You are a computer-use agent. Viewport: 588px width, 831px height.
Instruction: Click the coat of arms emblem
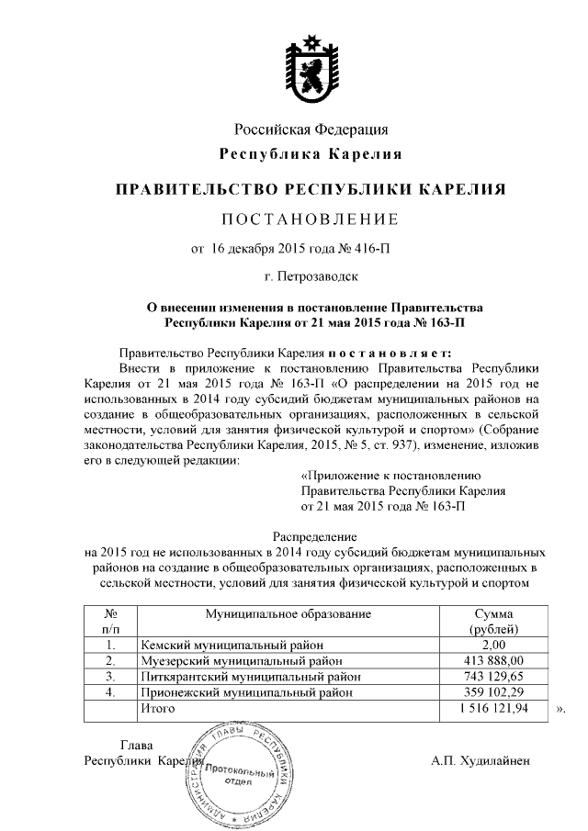[308, 65]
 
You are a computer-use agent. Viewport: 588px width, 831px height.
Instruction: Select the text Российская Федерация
[311, 129]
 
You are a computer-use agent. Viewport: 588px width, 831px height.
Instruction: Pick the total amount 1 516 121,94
[492, 711]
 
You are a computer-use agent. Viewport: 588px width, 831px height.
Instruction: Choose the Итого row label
[155, 711]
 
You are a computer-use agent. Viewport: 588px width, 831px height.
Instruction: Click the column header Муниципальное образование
[288, 612]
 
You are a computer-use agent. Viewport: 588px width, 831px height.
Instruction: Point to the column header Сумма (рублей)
[493, 621]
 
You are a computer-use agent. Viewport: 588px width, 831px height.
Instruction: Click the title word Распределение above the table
[311, 536]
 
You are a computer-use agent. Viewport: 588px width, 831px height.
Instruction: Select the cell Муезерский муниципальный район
[240, 660]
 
